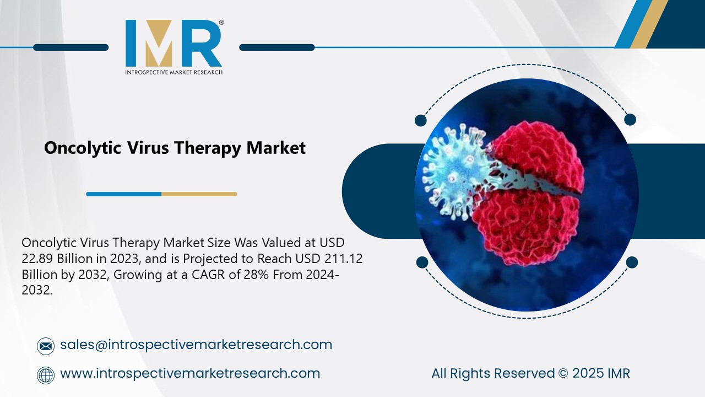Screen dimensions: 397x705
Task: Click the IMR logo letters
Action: coord(173,44)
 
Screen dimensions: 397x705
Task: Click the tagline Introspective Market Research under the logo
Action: coord(173,72)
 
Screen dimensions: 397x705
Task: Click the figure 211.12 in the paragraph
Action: coord(343,259)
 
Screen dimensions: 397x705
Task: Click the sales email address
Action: coord(196,345)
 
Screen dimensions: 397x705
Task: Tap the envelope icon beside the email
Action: coord(46,346)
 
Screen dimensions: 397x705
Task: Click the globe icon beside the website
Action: coord(46,375)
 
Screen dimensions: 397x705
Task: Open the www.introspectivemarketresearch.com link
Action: coord(190,373)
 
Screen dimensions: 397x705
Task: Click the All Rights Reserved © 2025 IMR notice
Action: coord(530,373)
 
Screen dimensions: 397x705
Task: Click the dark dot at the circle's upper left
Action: coord(421,120)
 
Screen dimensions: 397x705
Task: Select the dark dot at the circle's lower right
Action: coord(632,262)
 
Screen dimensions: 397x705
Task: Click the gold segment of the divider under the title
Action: coord(199,194)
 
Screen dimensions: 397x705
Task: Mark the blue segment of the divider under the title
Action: coord(123,194)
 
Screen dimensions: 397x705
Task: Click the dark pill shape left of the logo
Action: coord(70,47)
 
